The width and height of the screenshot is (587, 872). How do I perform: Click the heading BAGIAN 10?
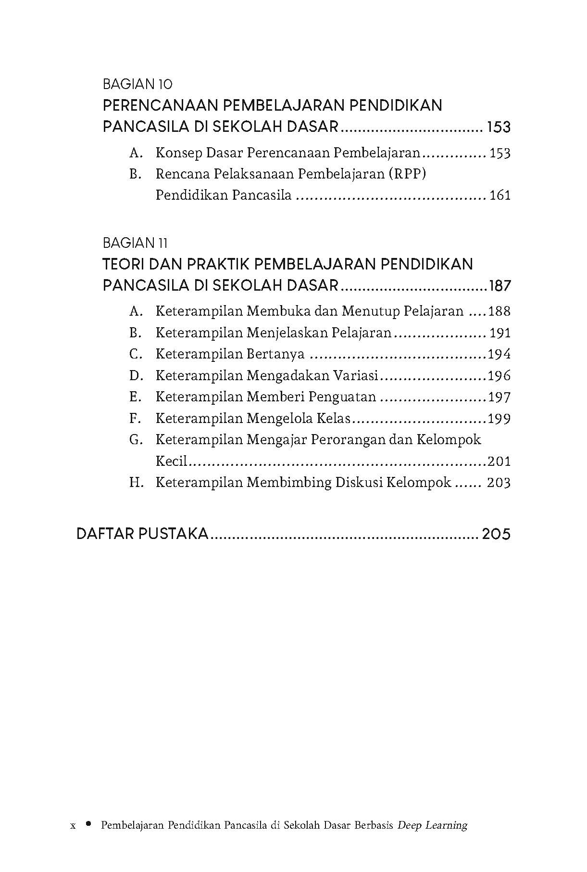click(137, 85)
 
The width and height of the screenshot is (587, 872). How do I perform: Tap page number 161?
click(500, 195)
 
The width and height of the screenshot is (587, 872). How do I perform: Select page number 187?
click(500, 286)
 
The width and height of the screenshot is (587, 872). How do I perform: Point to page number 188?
click(500, 311)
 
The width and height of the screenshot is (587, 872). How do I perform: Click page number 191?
click(500, 333)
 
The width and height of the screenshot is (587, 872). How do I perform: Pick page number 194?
click(500, 354)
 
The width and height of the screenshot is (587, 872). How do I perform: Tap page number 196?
click(500, 376)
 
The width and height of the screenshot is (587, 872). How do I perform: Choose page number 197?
click(500, 397)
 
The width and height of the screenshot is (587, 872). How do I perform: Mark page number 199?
click(500, 419)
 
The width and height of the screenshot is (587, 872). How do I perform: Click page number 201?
click(500, 462)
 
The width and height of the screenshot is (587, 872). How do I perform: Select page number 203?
click(499, 483)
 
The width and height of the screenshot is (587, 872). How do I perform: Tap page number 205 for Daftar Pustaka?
click(496, 534)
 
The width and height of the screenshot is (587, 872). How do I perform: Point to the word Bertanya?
click(275, 355)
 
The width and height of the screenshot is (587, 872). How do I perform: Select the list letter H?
click(136, 483)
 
